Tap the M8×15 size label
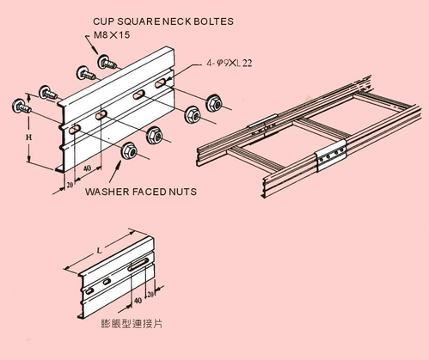tap(111, 36)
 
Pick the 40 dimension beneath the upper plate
tap(87, 169)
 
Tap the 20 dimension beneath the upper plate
tap(68, 184)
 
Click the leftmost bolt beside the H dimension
tap(18, 106)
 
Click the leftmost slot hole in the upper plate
tap(77, 130)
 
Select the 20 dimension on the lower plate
tap(151, 294)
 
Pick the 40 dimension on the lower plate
tap(138, 302)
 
